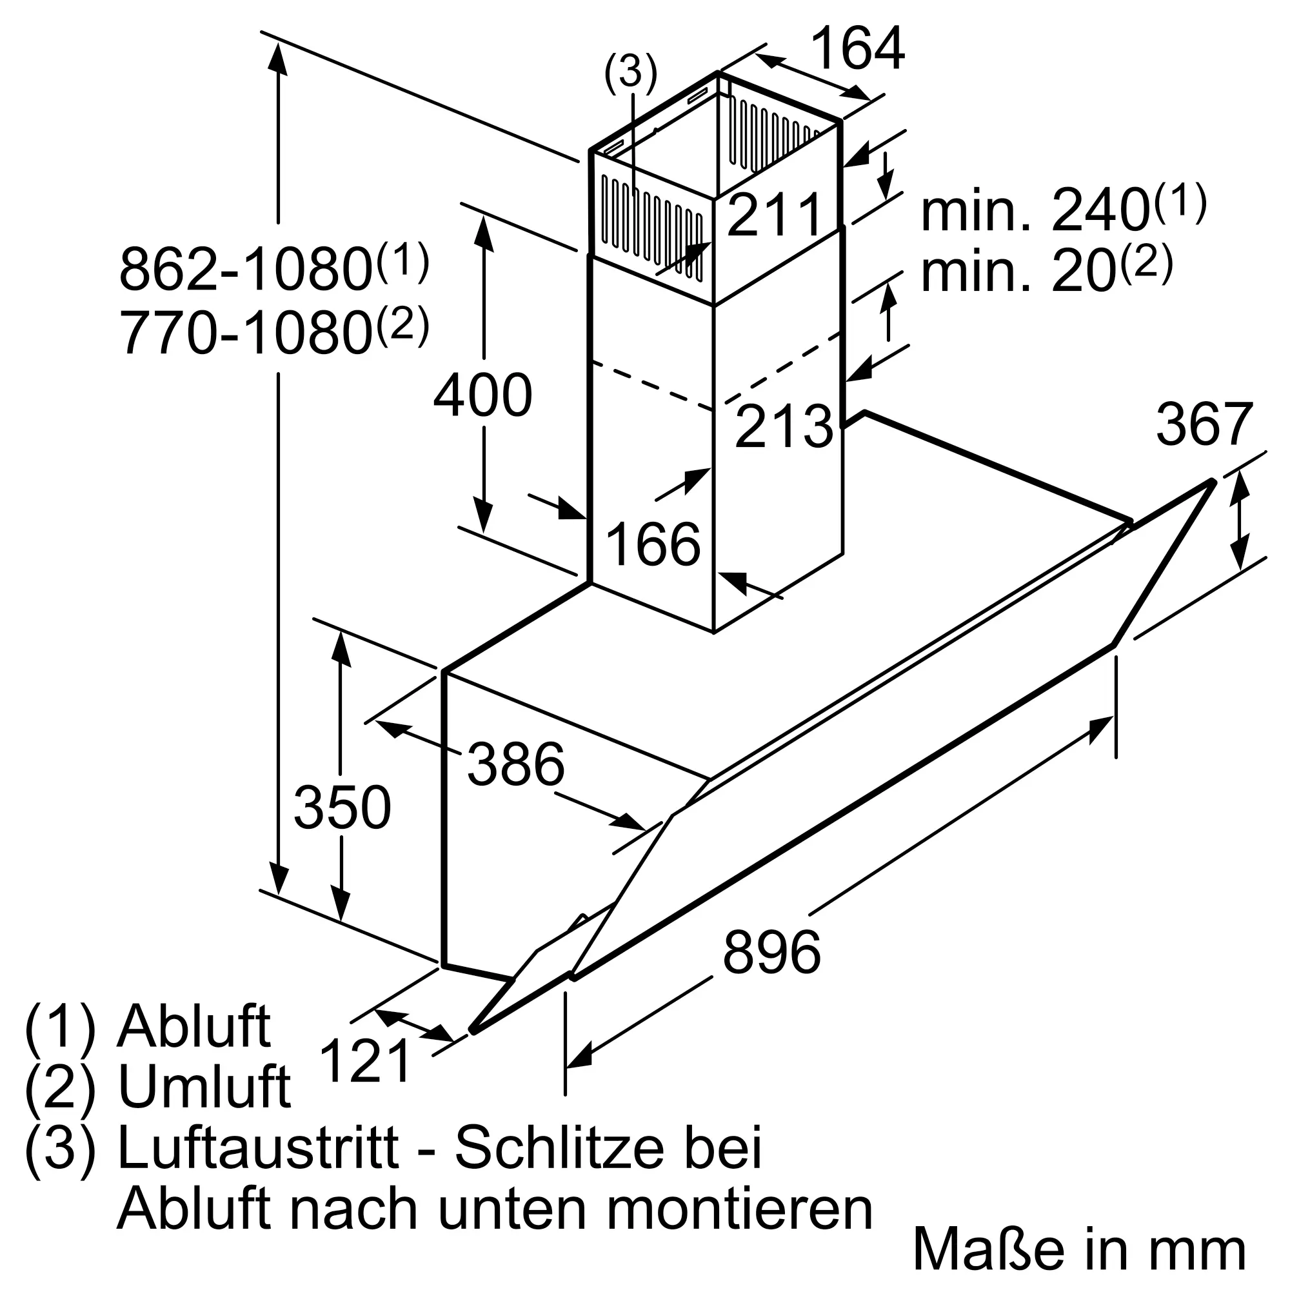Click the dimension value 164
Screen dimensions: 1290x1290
[x=857, y=49]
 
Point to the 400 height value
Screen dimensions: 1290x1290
[x=482, y=395]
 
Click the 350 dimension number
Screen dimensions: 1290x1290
[x=342, y=808]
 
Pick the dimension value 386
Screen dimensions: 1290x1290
[x=515, y=764]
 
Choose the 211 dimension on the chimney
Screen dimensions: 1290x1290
[x=775, y=215]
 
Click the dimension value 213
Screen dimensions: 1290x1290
[x=784, y=426]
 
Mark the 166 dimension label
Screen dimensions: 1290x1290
[x=653, y=544]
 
